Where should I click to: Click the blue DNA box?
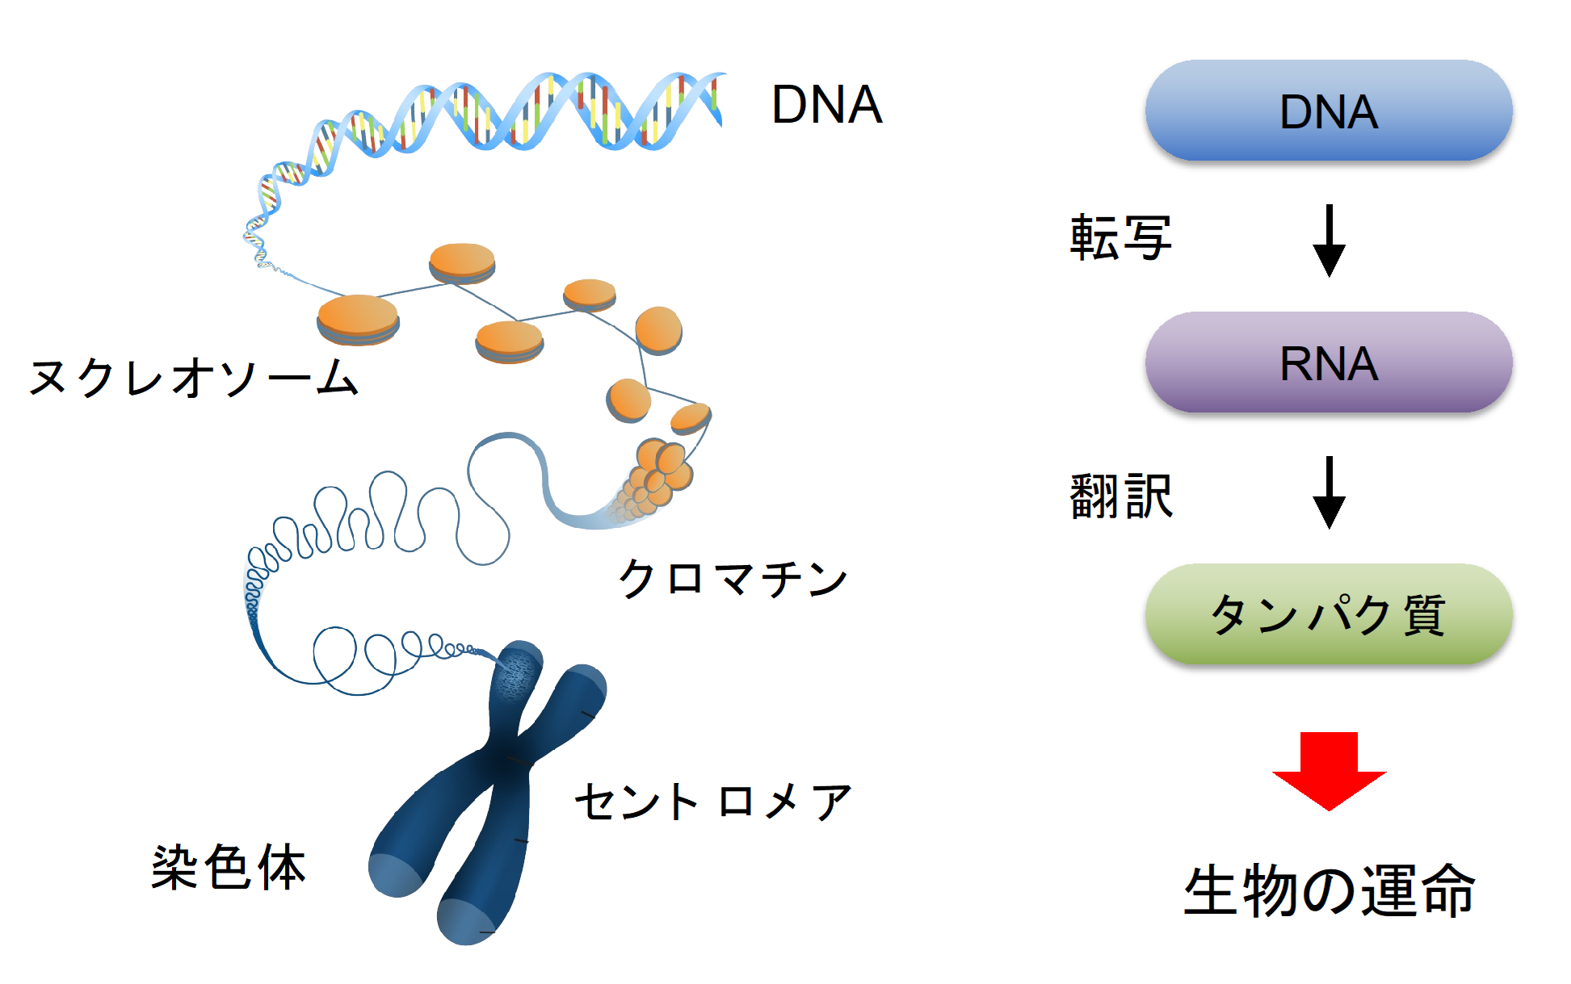[1328, 111]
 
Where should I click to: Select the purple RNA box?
[1328, 362]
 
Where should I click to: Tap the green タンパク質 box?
[1328, 614]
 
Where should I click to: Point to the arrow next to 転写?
[1329, 241]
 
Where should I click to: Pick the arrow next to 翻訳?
[1329, 492]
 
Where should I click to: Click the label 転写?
[1120, 238]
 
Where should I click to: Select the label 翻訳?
[1120, 496]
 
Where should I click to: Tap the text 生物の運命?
[1329, 890]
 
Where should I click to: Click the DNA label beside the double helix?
[826, 105]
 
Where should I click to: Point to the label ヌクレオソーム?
[194, 378]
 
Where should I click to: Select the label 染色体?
[229, 868]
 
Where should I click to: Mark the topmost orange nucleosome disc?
[462, 263]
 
